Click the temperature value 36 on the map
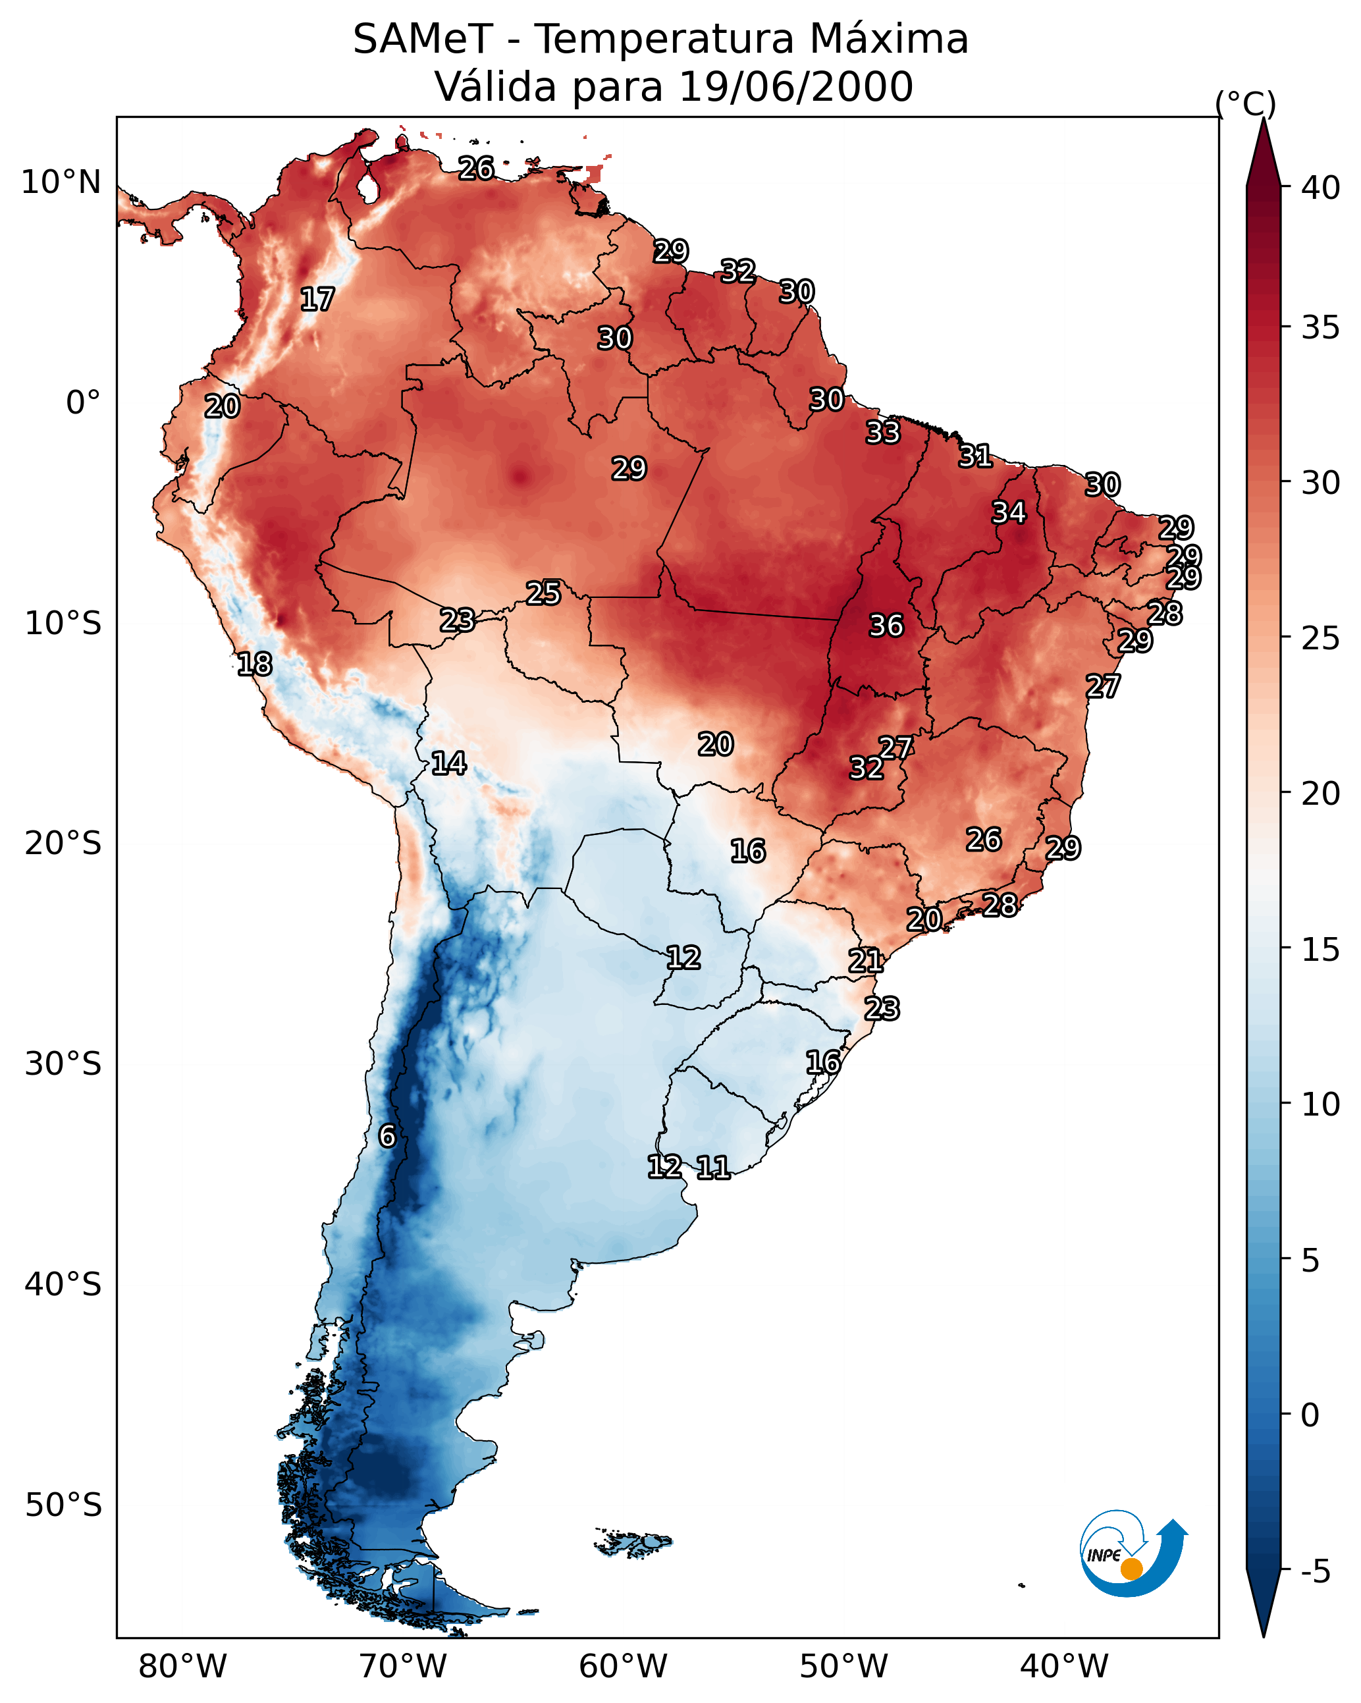point(886,626)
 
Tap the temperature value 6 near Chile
point(387,1136)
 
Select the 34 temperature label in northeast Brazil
point(1009,512)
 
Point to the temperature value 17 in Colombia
point(317,300)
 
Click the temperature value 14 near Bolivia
point(448,763)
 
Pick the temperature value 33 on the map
point(882,432)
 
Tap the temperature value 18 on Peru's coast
point(254,664)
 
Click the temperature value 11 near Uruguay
point(712,1168)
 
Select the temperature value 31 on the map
point(974,456)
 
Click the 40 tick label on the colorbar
point(1321,188)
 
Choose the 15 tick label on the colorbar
point(1321,950)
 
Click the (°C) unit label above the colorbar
point(1245,103)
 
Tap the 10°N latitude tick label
point(61,182)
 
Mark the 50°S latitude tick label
point(63,1505)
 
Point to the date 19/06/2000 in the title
point(795,86)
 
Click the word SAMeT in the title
point(423,39)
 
